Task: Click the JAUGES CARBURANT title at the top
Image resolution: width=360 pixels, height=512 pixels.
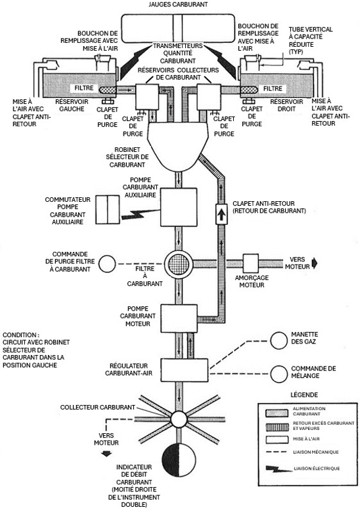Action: click(x=180, y=4)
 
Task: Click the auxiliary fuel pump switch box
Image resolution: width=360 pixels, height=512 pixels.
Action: click(x=108, y=210)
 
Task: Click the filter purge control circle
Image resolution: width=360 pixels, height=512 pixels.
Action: click(x=109, y=263)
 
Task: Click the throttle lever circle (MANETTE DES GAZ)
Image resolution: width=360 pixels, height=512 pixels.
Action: click(x=280, y=341)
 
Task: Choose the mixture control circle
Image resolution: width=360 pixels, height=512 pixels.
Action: click(x=280, y=373)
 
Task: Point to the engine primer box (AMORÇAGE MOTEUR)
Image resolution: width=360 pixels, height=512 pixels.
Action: click(x=250, y=263)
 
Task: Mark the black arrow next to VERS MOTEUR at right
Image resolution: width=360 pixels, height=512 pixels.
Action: click(x=315, y=263)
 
